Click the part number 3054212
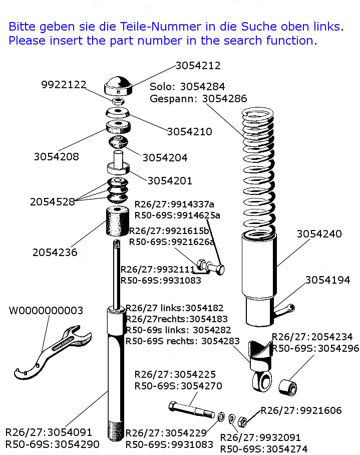[198, 66]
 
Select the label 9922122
[64, 85]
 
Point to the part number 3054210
[189, 132]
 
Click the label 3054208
[57, 156]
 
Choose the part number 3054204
[165, 158]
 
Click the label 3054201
[170, 180]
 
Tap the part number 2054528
[53, 202]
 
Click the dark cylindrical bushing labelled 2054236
[116, 221]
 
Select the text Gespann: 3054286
[198, 99]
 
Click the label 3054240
[319, 234]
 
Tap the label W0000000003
[46, 311]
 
